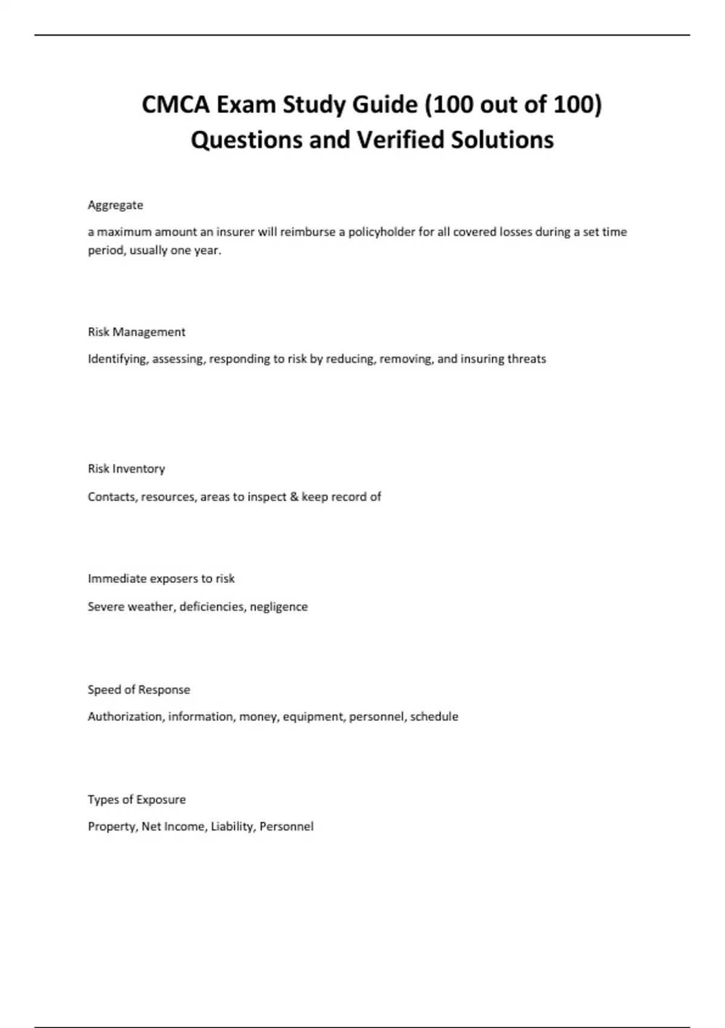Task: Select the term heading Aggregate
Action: (115, 205)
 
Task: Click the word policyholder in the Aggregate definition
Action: (382, 232)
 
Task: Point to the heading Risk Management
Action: (137, 332)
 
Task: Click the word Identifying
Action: (118, 359)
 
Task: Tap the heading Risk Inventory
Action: (126, 469)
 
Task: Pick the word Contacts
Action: (112, 496)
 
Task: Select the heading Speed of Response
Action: (139, 689)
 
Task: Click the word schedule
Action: (434, 717)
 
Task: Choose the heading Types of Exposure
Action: (137, 799)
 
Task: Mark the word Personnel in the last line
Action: (286, 827)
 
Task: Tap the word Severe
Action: (106, 607)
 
